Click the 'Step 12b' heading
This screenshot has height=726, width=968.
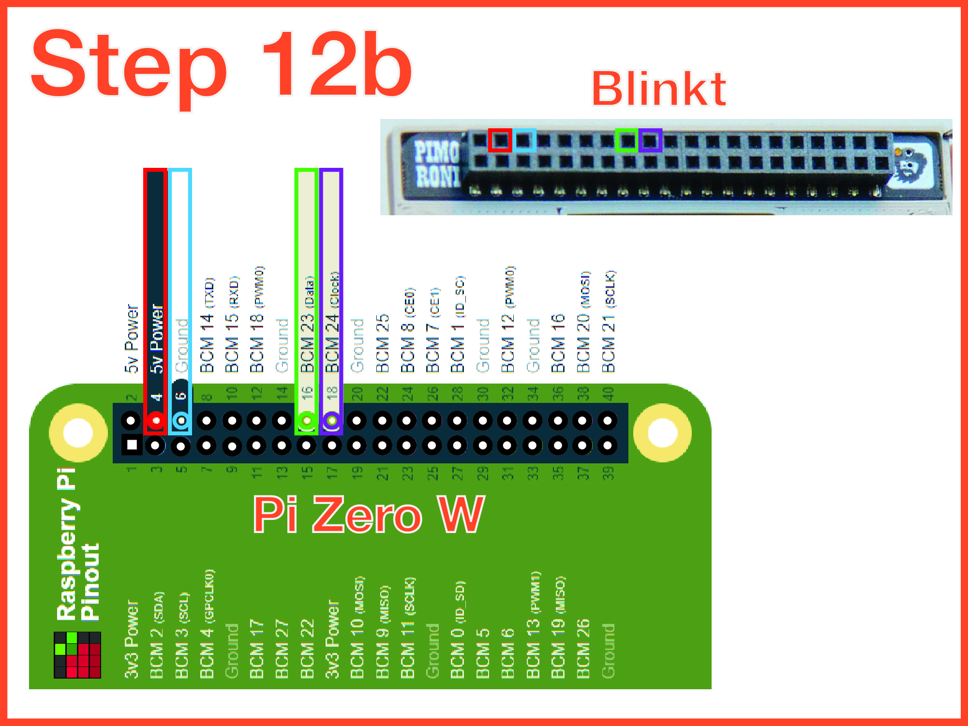tap(222, 65)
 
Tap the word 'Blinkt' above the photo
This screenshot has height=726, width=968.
tap(658, 89)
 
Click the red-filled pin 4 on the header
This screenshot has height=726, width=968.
tap(156, 420)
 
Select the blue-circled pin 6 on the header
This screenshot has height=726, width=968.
tap(181, 420)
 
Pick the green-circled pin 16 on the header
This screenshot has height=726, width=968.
tap(307, 420)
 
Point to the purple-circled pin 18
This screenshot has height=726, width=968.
tap(332, 420)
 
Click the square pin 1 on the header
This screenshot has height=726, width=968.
tap(132, 445)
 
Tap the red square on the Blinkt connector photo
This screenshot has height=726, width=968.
tap(500, 140)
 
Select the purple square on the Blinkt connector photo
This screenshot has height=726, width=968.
tap(651, 140)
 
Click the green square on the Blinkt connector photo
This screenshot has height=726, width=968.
tap(627, 140)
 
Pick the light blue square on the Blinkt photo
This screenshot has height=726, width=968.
tap(524, 140)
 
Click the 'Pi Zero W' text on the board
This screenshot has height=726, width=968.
tap(369, 515)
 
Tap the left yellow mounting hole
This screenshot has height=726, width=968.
tap(78, 432)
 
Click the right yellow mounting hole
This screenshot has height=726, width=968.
tap(662, 432)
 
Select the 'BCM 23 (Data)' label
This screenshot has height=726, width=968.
tap(308, 324)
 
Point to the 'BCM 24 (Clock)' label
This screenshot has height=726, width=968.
tap(333, 322)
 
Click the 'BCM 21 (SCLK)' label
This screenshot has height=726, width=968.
tap(609, 321)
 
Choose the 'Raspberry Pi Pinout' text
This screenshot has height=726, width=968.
tap(77, 544)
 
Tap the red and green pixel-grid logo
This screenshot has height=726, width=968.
tap(77, 655)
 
